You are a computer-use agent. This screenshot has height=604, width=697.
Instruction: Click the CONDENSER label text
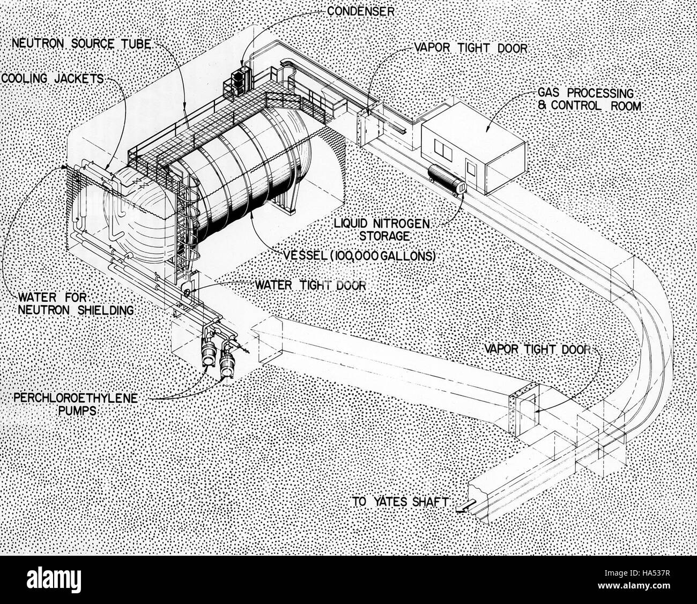(x=360, y=11)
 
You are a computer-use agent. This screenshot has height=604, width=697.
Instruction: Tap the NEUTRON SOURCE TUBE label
(x=81, y=43)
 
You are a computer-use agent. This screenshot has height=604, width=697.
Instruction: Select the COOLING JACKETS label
(x=52, y=79)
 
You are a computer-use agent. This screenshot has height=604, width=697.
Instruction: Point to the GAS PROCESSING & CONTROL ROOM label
(x=589, y=99)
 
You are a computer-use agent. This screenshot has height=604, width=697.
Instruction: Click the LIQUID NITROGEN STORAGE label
(x=382, y=230)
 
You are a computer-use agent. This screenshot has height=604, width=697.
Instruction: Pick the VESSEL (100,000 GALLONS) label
(x=359, y=256)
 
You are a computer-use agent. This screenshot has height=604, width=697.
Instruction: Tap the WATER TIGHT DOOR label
(x=310, y=285)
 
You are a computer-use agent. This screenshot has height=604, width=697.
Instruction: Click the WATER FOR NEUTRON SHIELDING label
(x=76, y=303)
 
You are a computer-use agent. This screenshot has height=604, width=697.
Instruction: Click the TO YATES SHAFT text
(x=401, y=511)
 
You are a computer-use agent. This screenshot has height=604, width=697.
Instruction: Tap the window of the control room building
(x=443, y=149)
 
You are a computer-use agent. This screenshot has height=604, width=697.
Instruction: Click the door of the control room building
(x=471, y=168)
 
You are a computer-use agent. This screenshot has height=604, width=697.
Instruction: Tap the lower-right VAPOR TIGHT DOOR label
(x=538, y=349)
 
